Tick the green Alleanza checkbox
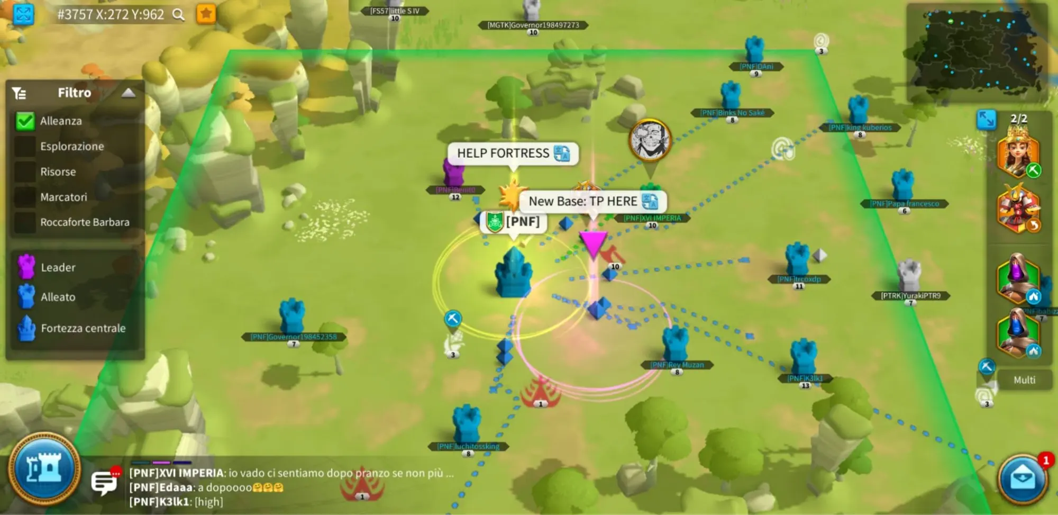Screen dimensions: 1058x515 25,121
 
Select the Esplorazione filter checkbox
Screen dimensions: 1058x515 25,147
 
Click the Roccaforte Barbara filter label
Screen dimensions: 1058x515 85,222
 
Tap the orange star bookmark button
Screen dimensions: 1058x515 206,14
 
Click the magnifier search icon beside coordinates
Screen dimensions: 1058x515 179,15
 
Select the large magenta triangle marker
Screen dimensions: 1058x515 593,244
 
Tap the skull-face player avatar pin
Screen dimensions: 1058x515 650,140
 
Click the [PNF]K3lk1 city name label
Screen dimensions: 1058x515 805,378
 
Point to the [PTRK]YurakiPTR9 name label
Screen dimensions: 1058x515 910,296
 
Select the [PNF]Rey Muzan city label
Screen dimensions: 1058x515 677,365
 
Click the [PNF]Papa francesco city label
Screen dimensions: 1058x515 905,204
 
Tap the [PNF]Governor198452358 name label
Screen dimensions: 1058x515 294,337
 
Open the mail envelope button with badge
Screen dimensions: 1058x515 1023,478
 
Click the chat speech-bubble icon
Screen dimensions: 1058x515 104,482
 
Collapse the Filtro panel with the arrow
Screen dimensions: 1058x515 128,93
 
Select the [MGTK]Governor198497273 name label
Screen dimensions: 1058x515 533,25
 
